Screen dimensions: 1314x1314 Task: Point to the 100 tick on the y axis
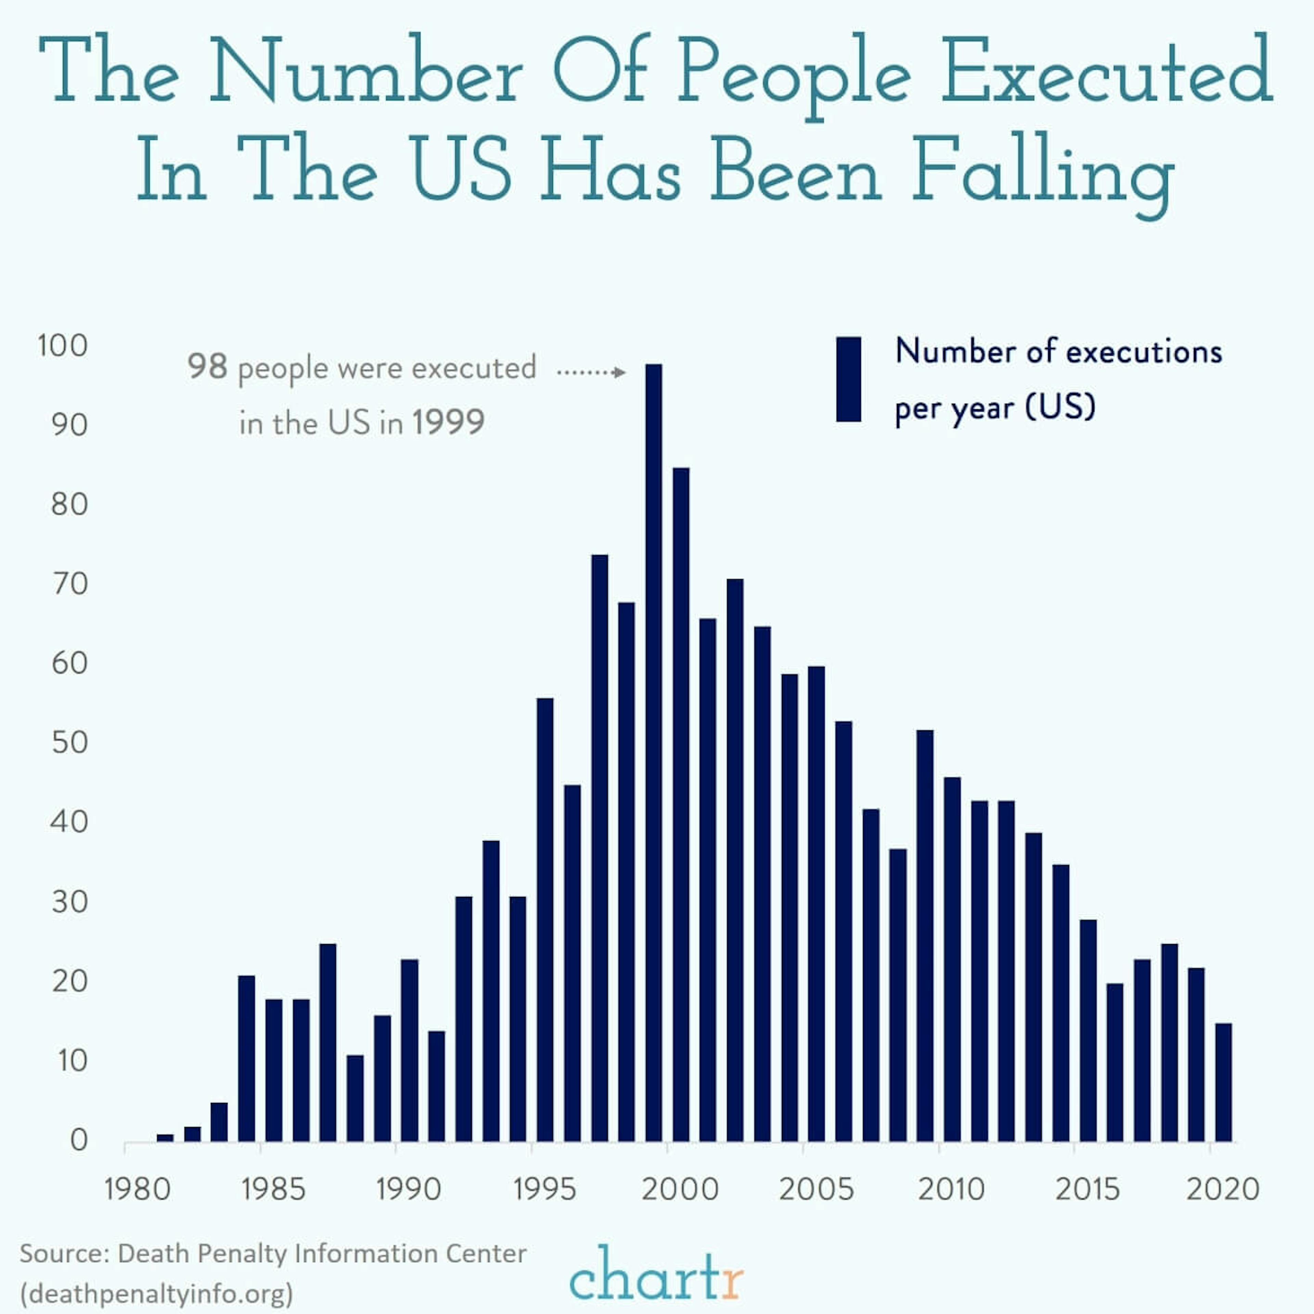click(x=63, y=346)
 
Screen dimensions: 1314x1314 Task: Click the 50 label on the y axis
click(x=69, y=742)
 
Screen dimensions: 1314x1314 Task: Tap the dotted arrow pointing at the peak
click(x=590, y=372)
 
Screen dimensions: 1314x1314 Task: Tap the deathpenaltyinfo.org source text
click(x=156, y=1292)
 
